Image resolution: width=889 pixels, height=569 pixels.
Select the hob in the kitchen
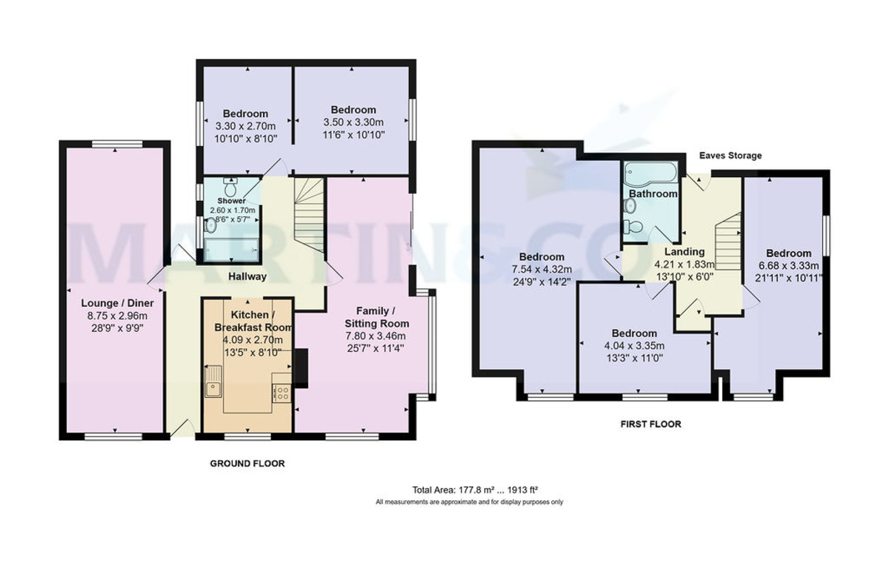tap(282, 394)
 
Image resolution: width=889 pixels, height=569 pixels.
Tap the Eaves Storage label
tap(730, 156)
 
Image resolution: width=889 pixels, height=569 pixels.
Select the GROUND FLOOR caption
tap(247, 463)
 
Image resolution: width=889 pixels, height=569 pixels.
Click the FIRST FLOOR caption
tap(650, 425)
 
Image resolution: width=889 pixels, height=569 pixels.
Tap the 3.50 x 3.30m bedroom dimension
tap(353, 122)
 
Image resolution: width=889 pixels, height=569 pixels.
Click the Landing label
tap(684, 252)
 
